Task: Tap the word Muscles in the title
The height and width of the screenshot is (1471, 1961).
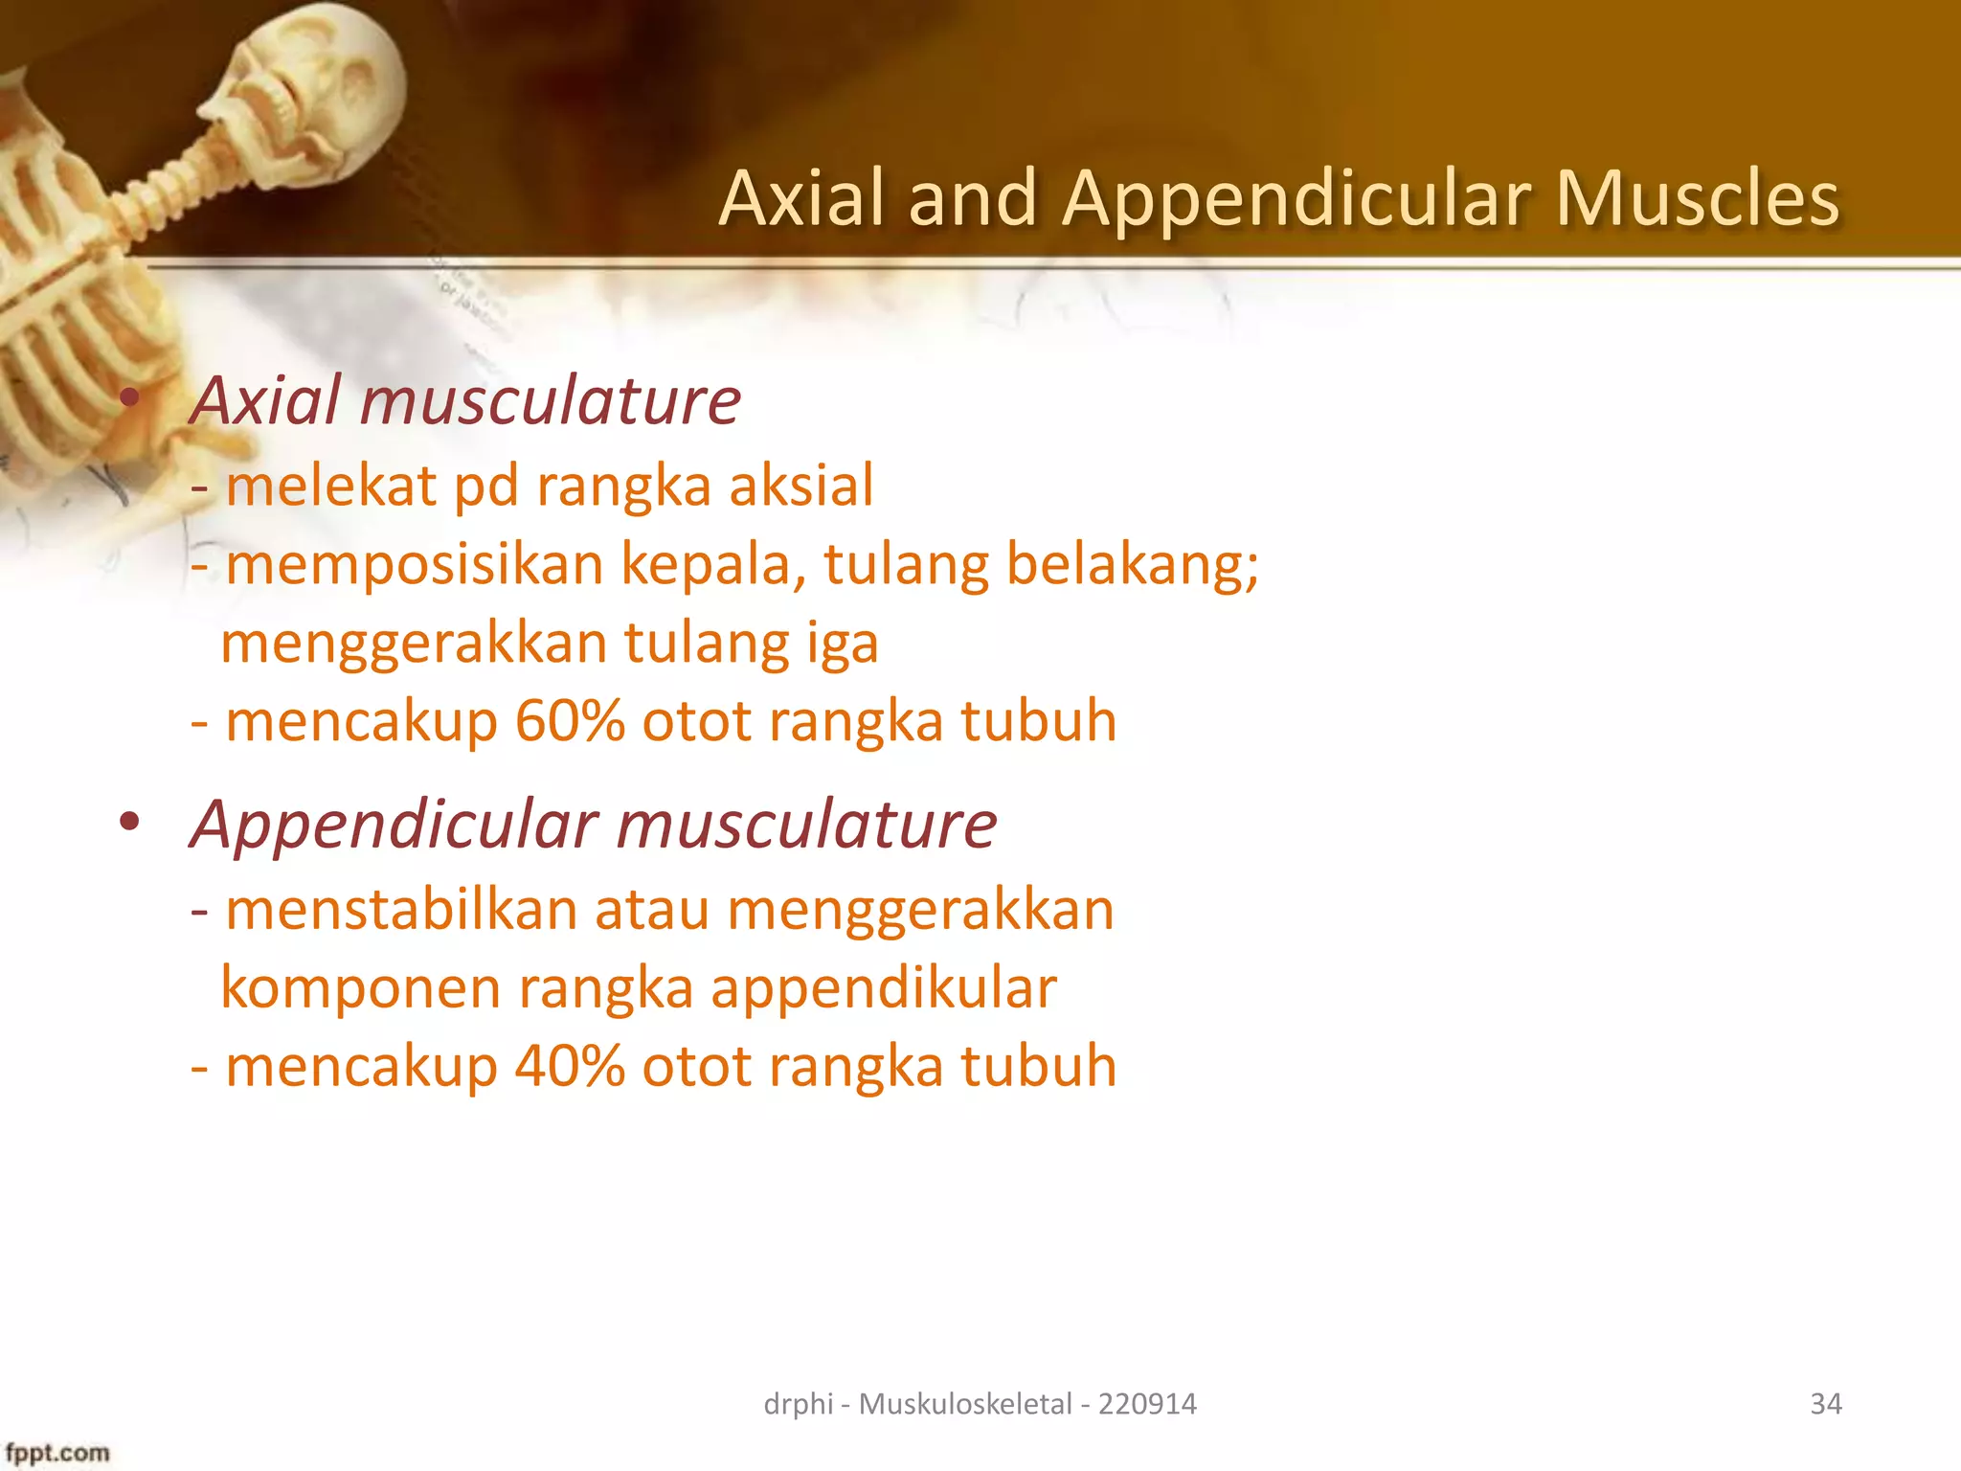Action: (x=1697, y=199)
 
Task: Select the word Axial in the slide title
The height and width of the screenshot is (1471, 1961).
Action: (x=802, y=199)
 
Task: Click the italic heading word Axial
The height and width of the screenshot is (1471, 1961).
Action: (x=265, y=400)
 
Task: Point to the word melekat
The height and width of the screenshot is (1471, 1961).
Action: (x=330, y=486)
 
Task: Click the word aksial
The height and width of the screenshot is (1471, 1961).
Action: (x=801, y=486)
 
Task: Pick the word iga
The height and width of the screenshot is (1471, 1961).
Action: (x=842, y=644)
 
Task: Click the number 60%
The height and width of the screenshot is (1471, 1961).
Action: (x=570, y=721)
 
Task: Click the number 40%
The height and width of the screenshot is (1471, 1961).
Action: (x=570, y=1066)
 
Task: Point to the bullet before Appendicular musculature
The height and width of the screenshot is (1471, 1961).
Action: (x=129, y=822)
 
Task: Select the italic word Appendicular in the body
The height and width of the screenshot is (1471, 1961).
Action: (x=394, y=824)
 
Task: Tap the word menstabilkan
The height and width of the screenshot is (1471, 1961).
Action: (x=401, y=910)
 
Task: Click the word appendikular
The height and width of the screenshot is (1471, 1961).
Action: (x=883, y=988)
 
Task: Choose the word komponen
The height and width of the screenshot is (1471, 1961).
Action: (x=360, y=990)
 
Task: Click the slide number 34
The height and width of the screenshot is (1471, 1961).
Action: (x=1825, y=1404)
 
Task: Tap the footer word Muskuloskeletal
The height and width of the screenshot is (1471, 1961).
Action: (x=965, y=1404)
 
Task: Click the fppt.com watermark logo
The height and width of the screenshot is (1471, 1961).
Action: (x=57, y=1453)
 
